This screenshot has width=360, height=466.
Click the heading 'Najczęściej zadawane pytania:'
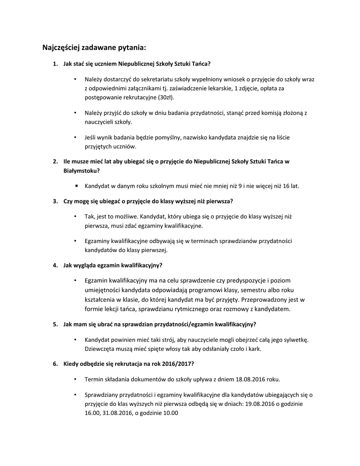(94, 47)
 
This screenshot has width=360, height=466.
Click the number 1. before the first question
(55, 64)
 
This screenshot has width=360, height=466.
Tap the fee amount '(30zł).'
(165, 97)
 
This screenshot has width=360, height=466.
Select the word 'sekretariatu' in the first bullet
(156, 79)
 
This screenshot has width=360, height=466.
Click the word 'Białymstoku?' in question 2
(81, 171)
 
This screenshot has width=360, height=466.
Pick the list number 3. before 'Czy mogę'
(55, 201)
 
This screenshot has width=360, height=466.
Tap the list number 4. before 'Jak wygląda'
(55, 265)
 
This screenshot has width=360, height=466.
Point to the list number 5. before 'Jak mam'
(55, 324)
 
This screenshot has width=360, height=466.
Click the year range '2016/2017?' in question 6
(179, 364)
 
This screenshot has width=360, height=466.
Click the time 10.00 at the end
(170, 413)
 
